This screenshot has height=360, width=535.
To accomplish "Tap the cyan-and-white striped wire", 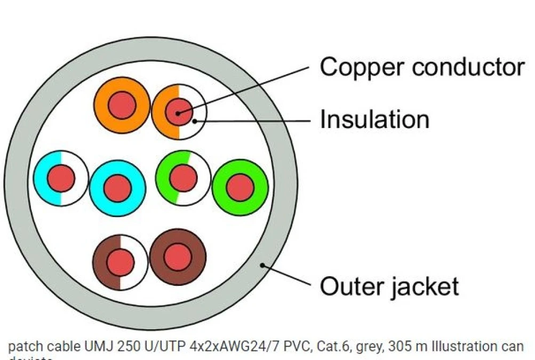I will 42,178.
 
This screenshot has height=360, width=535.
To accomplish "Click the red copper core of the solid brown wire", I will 178,258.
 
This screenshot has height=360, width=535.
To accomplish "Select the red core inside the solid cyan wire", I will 117,187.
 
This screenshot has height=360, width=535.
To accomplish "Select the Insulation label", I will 374,119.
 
